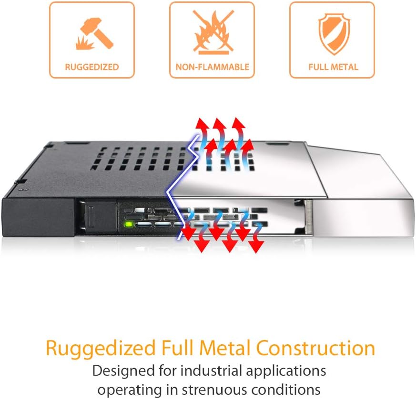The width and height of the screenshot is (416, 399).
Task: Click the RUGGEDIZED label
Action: coord(92,67)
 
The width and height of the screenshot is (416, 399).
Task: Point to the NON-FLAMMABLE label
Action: coord(212,67)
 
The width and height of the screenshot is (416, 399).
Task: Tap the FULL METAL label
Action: coord(332,67)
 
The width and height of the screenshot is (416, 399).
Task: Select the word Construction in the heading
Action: coord(315,349)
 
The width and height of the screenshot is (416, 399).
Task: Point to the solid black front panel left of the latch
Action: coord(38,217)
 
